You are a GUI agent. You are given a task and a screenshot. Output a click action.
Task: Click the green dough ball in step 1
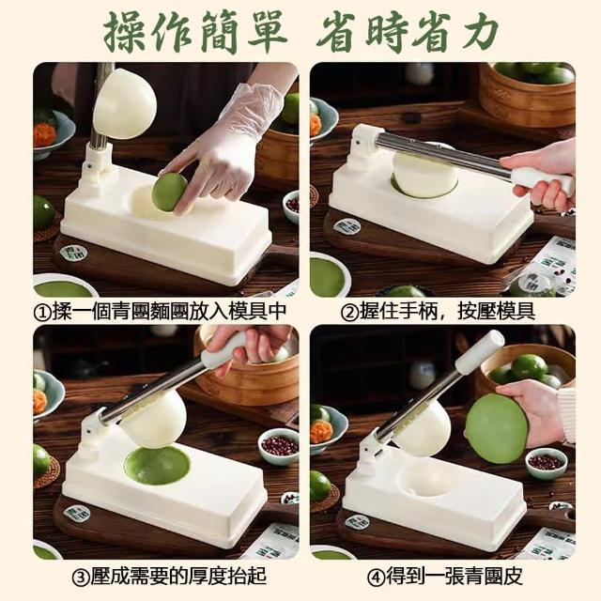click(169, 193)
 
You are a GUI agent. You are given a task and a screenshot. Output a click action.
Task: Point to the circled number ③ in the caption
click(81, 578)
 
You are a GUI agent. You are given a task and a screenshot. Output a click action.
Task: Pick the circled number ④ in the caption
click(376, 578)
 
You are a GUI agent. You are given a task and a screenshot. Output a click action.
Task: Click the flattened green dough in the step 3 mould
click(157, 465)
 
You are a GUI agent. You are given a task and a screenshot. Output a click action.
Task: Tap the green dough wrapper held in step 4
click(497, 428)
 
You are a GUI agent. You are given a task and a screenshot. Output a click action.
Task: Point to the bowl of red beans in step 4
click(546, 463)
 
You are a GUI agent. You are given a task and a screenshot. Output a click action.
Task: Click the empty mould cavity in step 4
click(426, 478)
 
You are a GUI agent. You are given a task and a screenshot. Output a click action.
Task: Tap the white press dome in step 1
click(125, 103)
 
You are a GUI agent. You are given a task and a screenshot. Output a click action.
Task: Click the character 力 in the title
click(478, 32)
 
